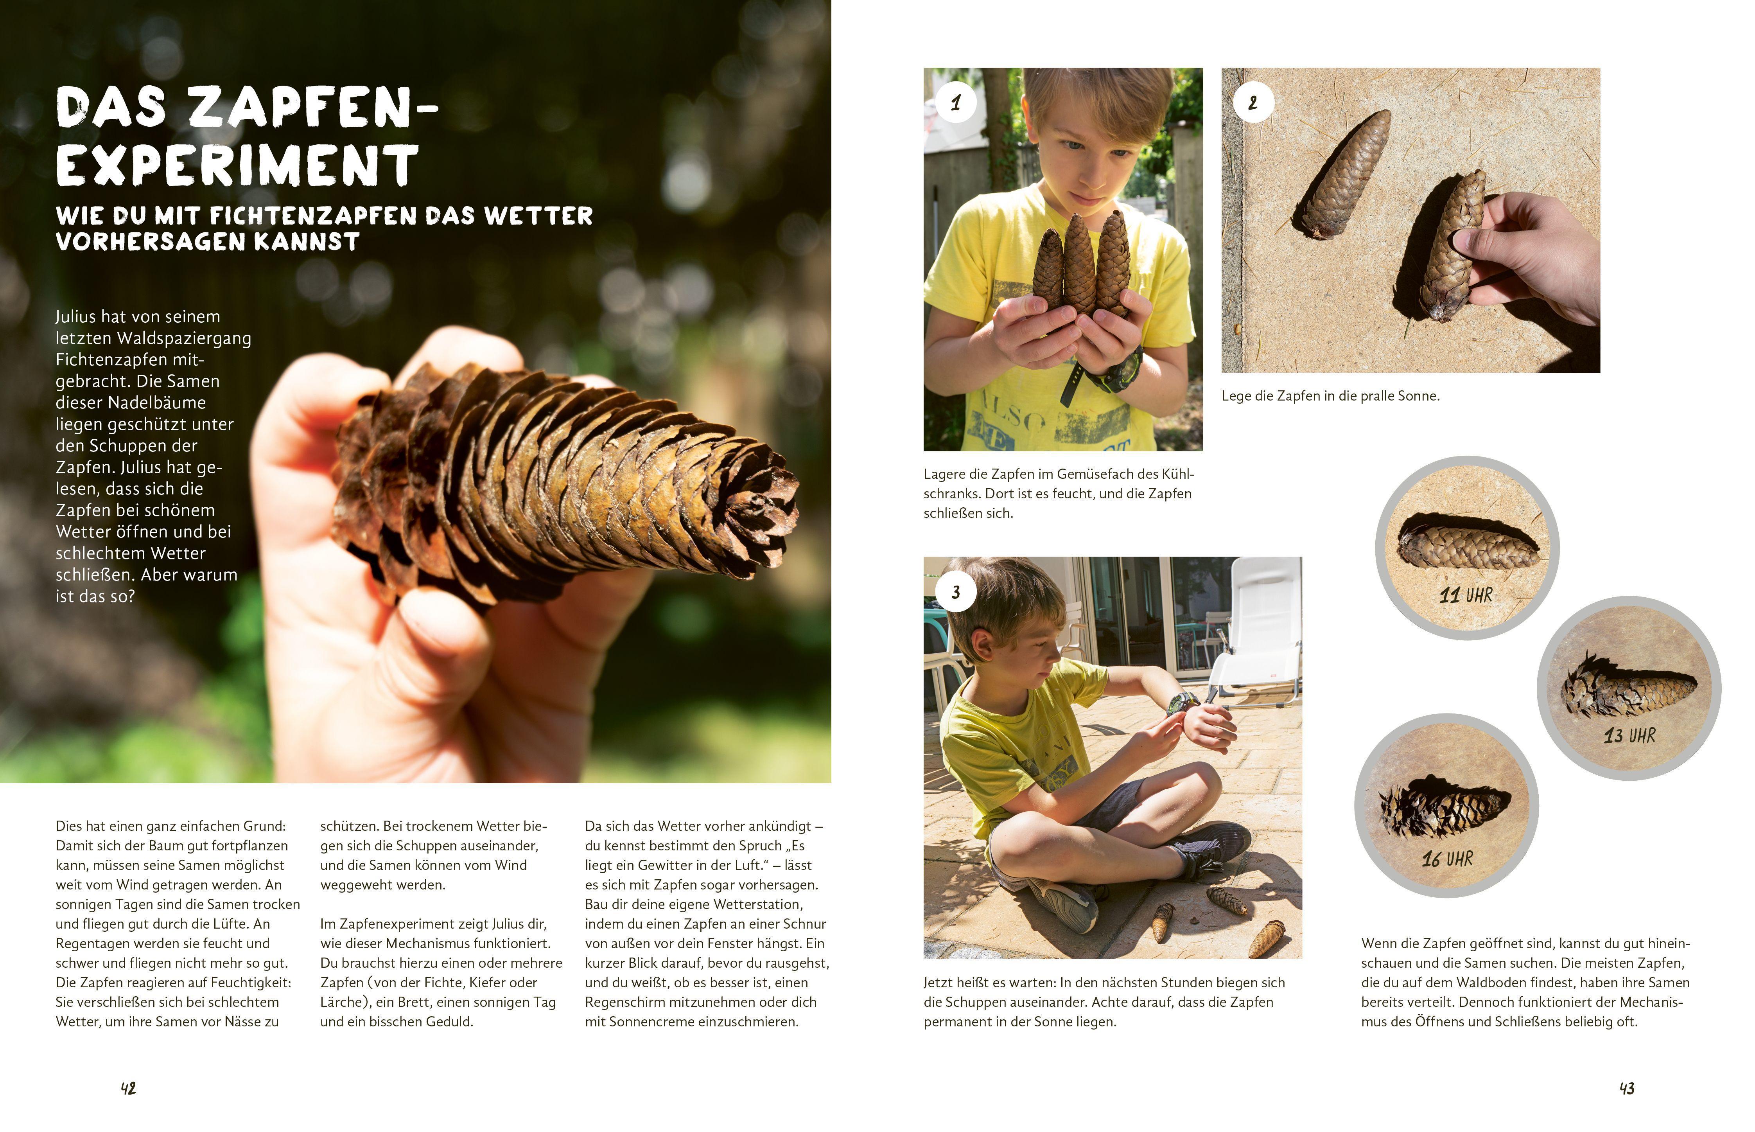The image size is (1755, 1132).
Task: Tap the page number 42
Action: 129,1089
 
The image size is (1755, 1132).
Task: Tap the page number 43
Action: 1627,1089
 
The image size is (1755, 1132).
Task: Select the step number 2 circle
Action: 1253,103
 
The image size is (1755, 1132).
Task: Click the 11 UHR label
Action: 1466,595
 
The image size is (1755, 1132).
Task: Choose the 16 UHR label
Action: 1447,859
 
